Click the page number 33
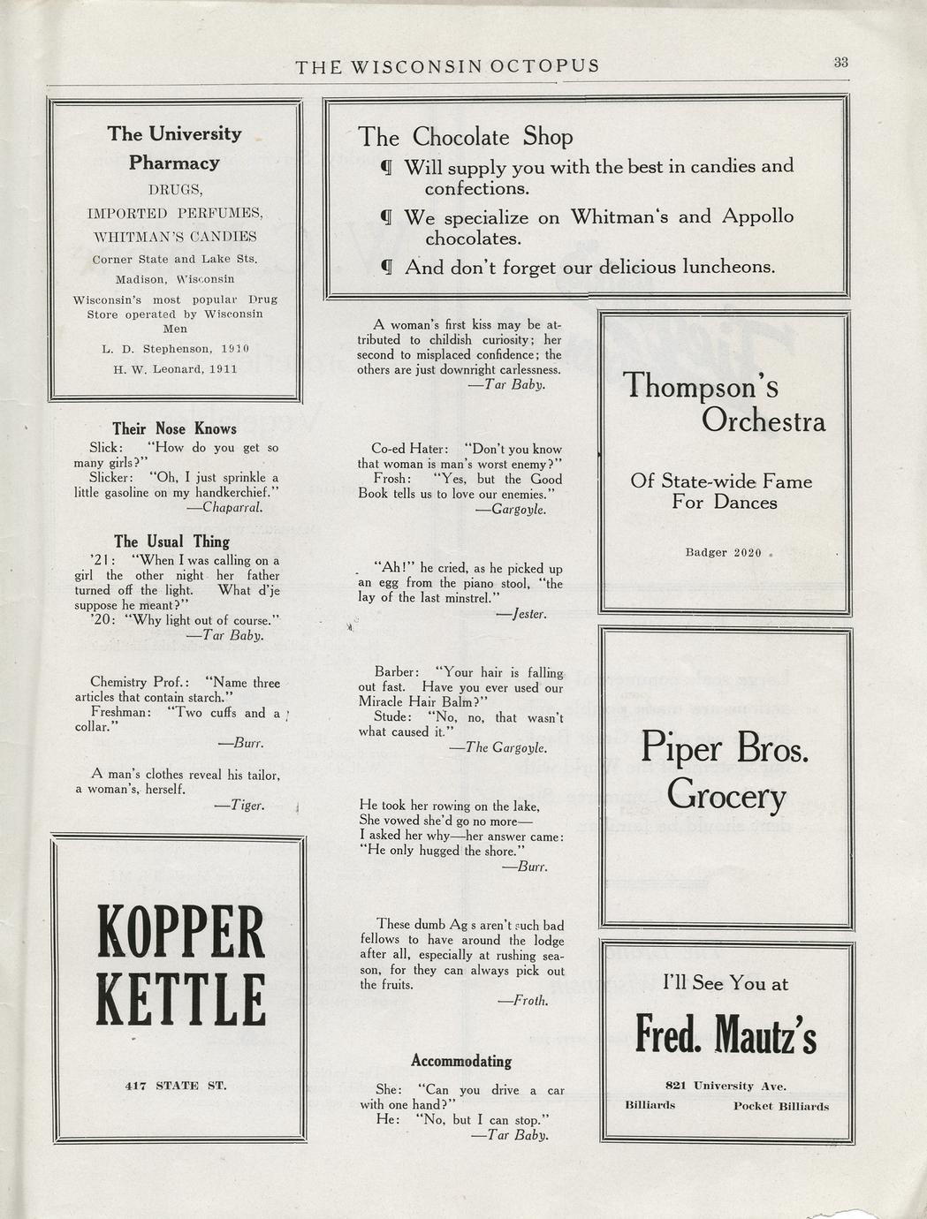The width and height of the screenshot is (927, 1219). tap(840, 62)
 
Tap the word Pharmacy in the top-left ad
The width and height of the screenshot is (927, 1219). tap(174, 163)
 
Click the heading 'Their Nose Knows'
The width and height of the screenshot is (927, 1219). tap(174, 428)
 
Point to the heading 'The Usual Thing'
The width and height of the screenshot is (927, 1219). tap(171, 541)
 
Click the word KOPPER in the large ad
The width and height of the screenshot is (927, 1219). tap(180, 934)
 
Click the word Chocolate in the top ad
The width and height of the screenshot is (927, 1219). tap(461, 137)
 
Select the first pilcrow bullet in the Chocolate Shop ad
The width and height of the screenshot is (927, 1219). tap(385, 166)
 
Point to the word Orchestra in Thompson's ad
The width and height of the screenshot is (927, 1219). tap(764, 421)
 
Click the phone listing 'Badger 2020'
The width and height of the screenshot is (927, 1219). tap(723, 552)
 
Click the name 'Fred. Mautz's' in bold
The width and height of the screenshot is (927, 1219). tap(726, 1035)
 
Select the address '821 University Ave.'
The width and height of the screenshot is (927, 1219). tap(726, 1086)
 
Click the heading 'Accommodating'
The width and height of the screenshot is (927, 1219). tap(461, 1061)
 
